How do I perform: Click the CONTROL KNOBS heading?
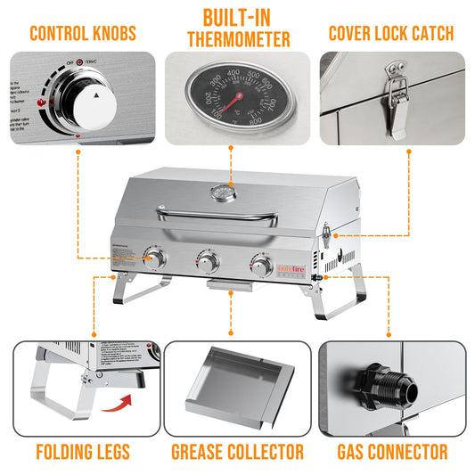pyautogui.click(x=83, y=34)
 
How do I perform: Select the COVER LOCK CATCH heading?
pyautogui.click(x=390, y=34)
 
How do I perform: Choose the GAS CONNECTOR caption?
pyautogui.click(x=392, y=452)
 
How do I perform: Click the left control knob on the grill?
pyautogui.click(x=156, y=260)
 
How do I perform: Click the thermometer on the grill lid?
pyautogui.click(x=219, y=193)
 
